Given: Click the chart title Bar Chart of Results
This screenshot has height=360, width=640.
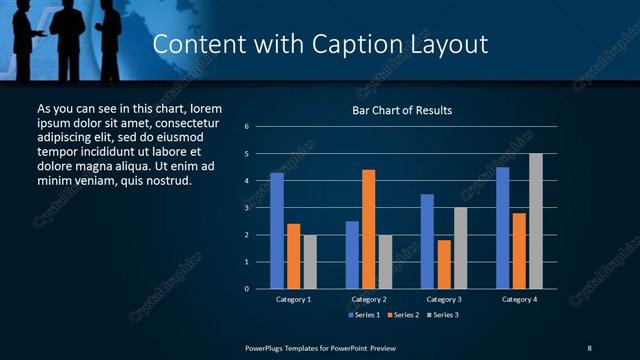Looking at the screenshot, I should (402, 110).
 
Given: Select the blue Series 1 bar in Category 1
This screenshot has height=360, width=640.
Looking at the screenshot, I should (277, 231).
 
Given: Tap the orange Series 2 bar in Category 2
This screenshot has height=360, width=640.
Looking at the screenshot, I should (368, 229).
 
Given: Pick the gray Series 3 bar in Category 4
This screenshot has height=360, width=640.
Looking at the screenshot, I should (536, 221).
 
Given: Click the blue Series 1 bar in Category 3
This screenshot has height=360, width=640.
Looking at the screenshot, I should (427, 241).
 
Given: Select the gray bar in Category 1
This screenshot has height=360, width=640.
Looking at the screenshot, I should (310, 262).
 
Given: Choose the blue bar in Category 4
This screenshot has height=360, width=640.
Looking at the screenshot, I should (502, 228).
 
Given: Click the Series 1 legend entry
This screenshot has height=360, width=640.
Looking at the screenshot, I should (363, 315).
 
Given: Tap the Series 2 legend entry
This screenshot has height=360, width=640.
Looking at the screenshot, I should (402, 315).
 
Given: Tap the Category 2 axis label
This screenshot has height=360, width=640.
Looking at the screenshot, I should (368, 299).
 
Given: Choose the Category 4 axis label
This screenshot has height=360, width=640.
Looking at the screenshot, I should (518, 299).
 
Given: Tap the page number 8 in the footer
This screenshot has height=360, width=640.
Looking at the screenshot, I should (589, 347).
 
